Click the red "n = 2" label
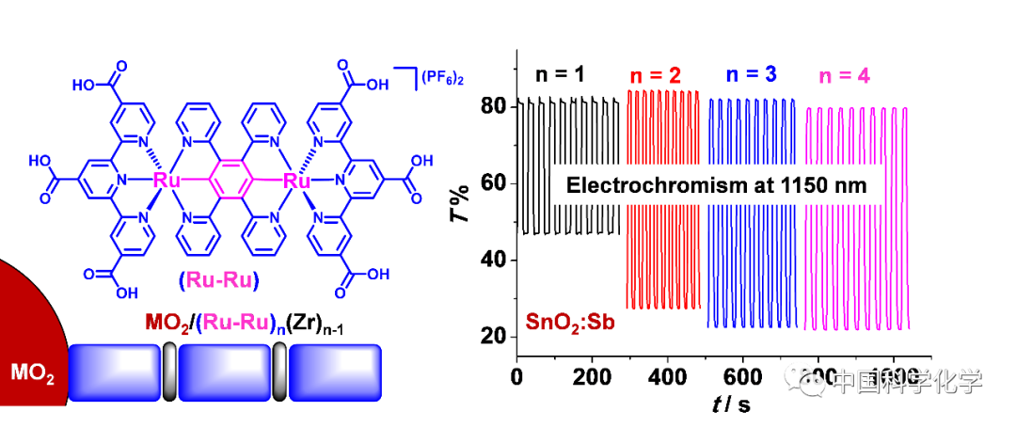pyautogui.click(x=655, y=76)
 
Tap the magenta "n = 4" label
pyautogui.click(x=844, y=76)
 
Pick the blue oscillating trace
pyautogui.click(x=752, y=263)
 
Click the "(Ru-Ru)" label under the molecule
pyautogui.click(x=218, y=280)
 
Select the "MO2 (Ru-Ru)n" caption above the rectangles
pyautogui.click(x=215, y=324)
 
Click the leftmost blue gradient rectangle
pyautogui.click(x=115, y=372)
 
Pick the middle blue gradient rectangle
pyautogui.click(x=225, y=372)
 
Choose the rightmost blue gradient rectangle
pyautogui.click(x=335, y=372)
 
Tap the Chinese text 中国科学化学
pyautogui.click(x=907, y=381)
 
